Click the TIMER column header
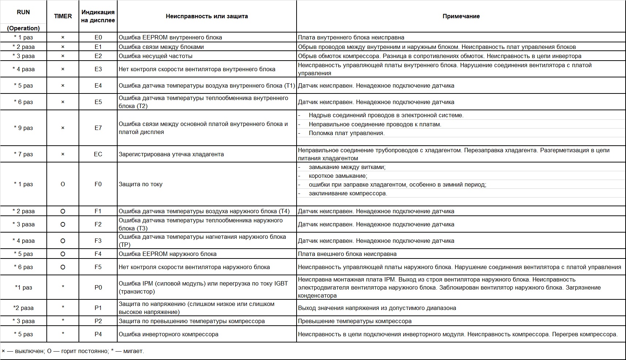[x=63, y=16]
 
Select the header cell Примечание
[x=461, y=16]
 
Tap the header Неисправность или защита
[x=207, y=16]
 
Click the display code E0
[x=98, y=37]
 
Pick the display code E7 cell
[x=98, y=128]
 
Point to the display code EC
[x=98, y=154]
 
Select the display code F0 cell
[x=98, y=184]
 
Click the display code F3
[x=98, y=241]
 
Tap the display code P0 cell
[x=98, y=287]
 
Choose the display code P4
[x=98, y=334]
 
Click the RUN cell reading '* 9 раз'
[x=23, y=128]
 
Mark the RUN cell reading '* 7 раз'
[x=23, y=154]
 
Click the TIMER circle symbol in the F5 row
[x=63, y=267]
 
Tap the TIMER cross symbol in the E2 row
[x=63, y=56]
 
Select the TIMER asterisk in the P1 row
[x=63, y=307]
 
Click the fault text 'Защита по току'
[x=141, y=184]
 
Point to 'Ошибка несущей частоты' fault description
[x=156, y=56]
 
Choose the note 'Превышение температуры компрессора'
[x=355, y=321]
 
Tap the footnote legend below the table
[x=73, y=351]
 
